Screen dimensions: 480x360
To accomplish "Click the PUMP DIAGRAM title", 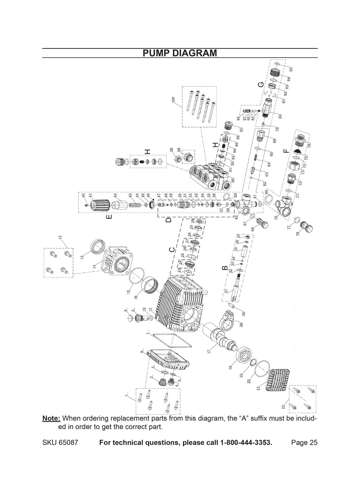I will click(180, 53).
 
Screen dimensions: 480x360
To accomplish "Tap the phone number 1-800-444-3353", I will click(246, 443).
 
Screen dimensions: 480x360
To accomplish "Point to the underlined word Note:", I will click(51, 418).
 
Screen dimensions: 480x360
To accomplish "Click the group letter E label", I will click(109, 217).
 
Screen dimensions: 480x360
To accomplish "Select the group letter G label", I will click(261, 85).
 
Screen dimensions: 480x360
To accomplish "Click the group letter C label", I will click(171, 249).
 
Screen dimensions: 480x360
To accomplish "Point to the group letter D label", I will click(168, 219).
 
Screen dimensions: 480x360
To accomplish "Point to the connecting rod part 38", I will click(229, 322).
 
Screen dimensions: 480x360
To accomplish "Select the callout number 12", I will click(60, 238).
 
